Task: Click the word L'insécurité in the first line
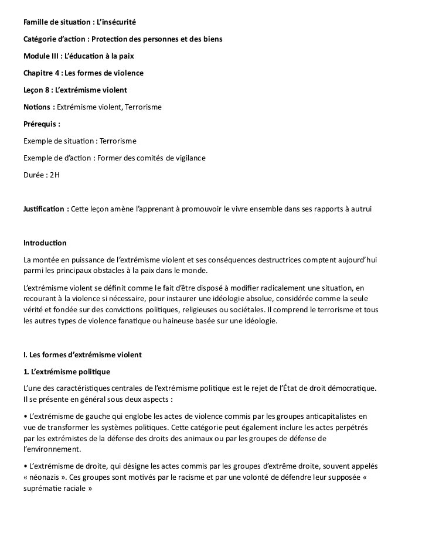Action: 116,22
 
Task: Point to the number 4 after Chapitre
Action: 56,73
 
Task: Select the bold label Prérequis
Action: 42,124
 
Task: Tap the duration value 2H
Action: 55,175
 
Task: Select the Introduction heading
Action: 45,243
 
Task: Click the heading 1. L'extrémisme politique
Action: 66,372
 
